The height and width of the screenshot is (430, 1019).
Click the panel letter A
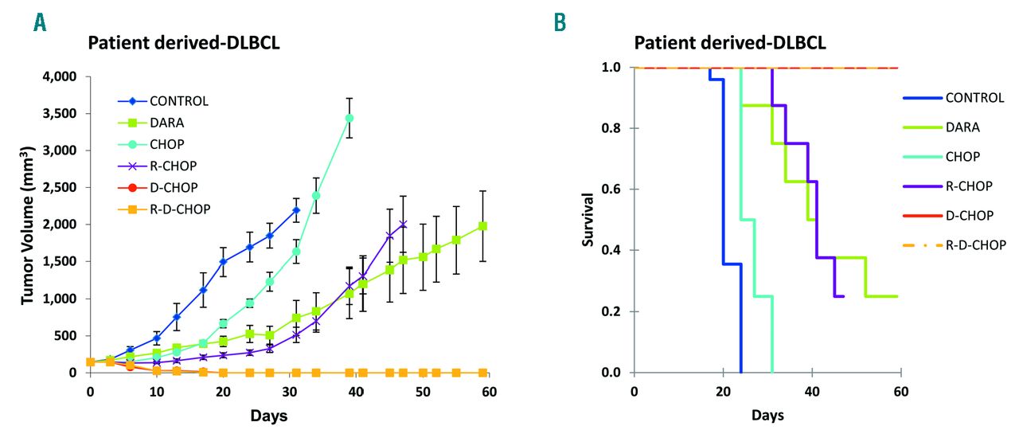(x=39, y=22)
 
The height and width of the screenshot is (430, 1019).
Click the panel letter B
(x=560, y=22)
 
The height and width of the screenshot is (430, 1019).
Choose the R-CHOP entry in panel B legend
(x=969, y=186)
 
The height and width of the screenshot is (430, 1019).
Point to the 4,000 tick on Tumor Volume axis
(x=56, y=77)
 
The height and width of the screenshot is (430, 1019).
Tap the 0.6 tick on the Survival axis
(x=613, y=190)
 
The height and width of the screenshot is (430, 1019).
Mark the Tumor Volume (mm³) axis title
(x=28, y=225)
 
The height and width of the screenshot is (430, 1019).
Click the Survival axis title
(x=588, y=219)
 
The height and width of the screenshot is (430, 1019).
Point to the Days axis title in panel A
(x=268, y=416)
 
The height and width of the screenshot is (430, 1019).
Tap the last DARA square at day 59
(x=482, y=226)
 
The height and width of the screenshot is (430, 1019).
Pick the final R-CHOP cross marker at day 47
(x=403, y=224)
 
